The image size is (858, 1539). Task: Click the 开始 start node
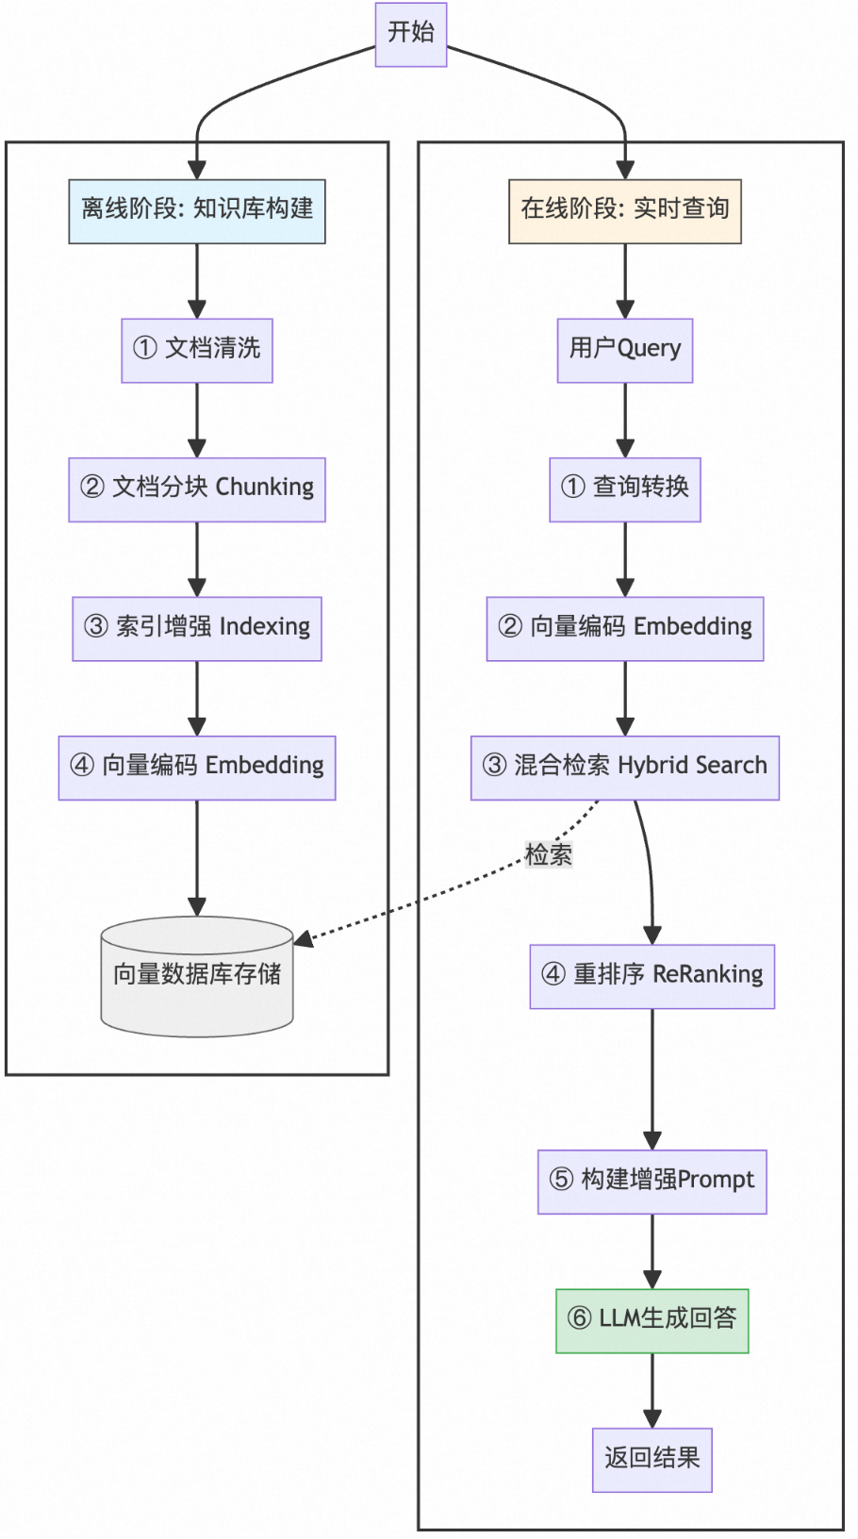click(x=410, y=34)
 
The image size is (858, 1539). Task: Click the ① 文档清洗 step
click(x=196, y=350)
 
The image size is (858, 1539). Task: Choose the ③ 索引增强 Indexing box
click(x=196, y=628)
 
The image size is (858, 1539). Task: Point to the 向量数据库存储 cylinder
click(x=196, y=977)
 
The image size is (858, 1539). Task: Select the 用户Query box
click(x=624, y=350)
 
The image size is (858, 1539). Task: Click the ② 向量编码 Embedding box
click(x=624, y=628)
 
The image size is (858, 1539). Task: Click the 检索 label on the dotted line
click(x=548, y=854)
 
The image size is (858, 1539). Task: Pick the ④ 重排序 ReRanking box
click(x=652, y=976)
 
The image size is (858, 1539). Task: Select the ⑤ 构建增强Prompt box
click(x=652, y=1182)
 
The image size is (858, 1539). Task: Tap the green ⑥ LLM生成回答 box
click(x=652, y=1320)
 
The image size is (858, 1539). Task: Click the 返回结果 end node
click(x=652, y=1460)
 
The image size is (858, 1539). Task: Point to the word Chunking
click(x=265, y=488)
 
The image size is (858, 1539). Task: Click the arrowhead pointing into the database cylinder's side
click(x=303, y=939)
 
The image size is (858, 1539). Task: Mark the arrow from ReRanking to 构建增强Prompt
click(x=652, y=1080)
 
